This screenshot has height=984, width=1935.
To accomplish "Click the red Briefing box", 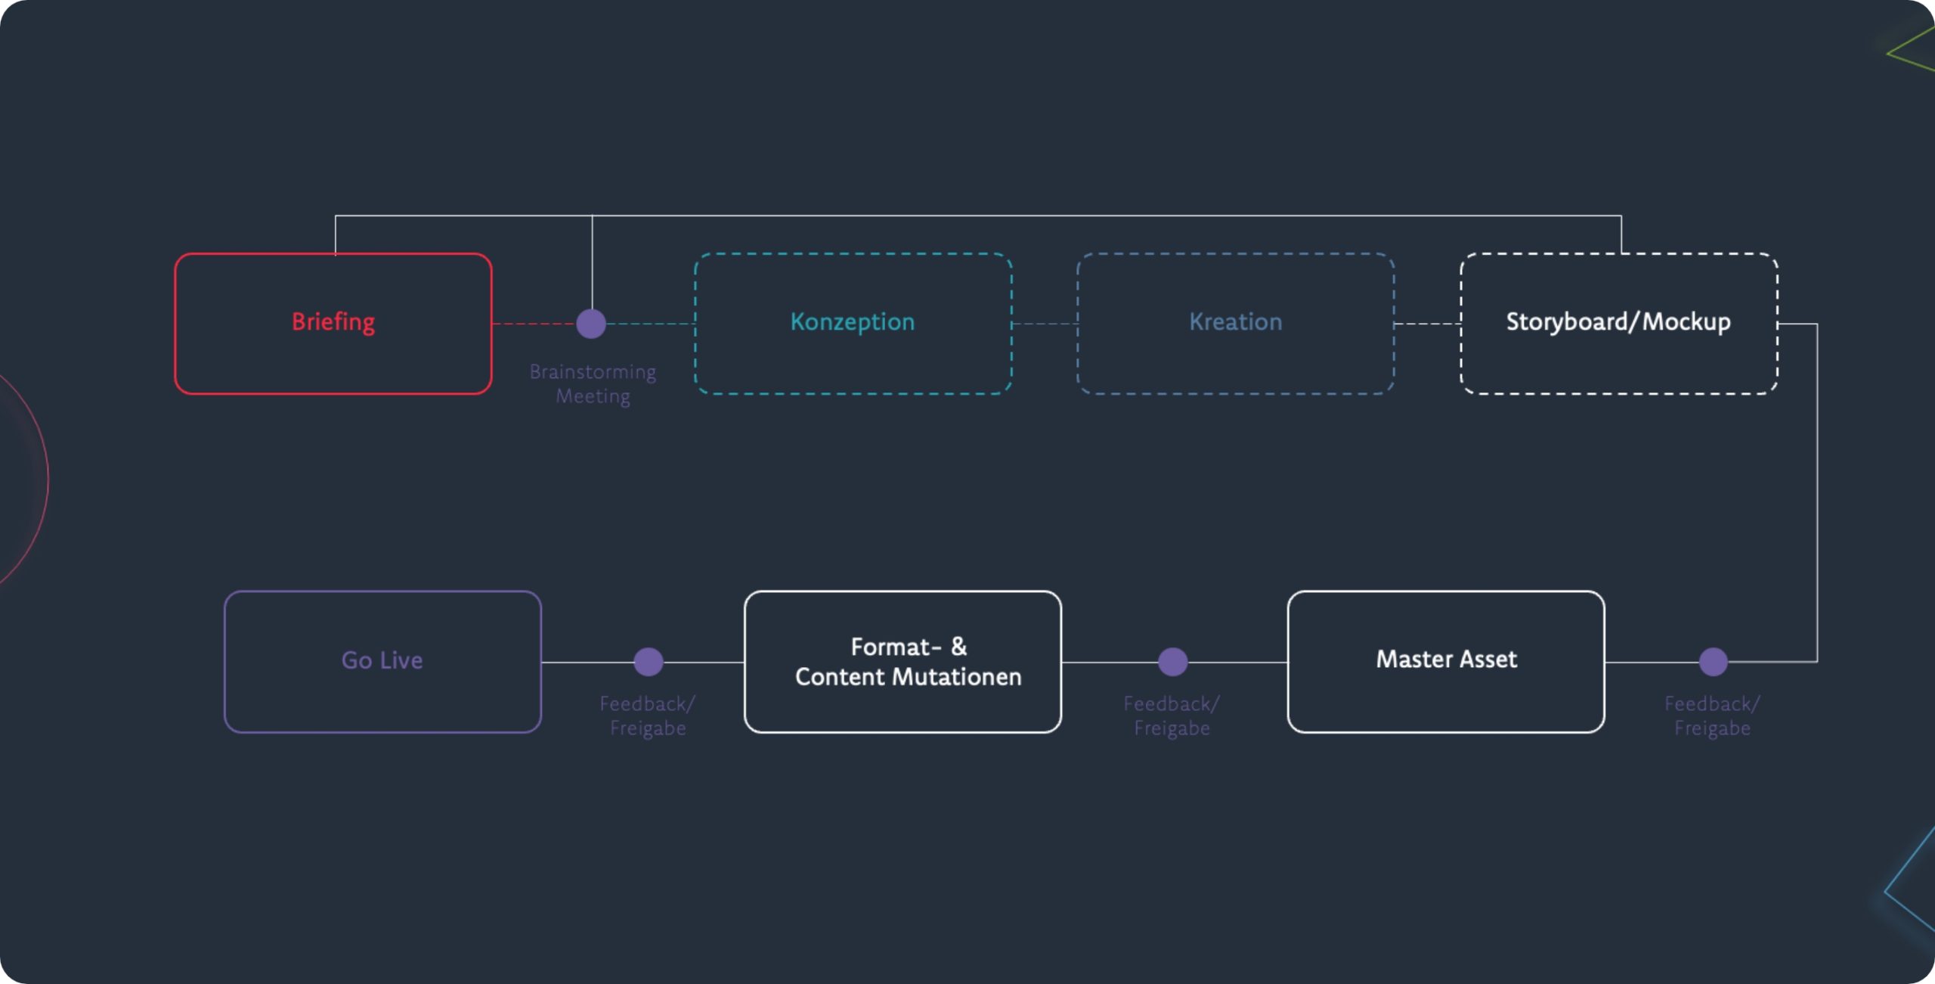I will (x=333, y=323).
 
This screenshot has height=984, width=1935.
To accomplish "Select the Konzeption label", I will (x=852, y=322).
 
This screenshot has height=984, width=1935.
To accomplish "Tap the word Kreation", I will (x=1235, y=322).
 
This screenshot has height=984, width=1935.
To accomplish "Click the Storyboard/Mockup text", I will (x=1618, y=322).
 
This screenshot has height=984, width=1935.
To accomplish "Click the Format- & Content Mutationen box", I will (x=902, y=661).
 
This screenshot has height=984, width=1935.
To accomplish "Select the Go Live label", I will (x=382, y=660).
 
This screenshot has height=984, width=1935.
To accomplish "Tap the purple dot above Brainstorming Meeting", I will (x=591, y=324).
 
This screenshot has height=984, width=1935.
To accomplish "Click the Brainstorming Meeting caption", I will (x=593, y=384).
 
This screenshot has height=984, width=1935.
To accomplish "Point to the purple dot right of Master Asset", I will (x=1713, y=662).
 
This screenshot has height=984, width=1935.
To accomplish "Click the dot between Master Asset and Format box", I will (x=1172, y=662).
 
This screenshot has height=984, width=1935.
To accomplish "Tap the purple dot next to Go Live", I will (x=648, y=662).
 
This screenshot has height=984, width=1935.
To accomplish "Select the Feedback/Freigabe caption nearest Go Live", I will (x=647, y=715).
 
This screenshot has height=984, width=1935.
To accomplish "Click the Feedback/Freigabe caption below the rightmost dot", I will (x=1711, y=715).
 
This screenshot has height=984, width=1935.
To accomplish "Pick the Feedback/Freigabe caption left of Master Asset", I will (x=1171, y=715).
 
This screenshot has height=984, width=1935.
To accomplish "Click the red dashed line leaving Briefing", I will (x=533, y=324).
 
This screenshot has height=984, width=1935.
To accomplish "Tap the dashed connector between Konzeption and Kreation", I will (x=1045, y=324).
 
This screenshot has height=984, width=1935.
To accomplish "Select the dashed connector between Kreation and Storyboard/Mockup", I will (x=1427, y=324).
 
